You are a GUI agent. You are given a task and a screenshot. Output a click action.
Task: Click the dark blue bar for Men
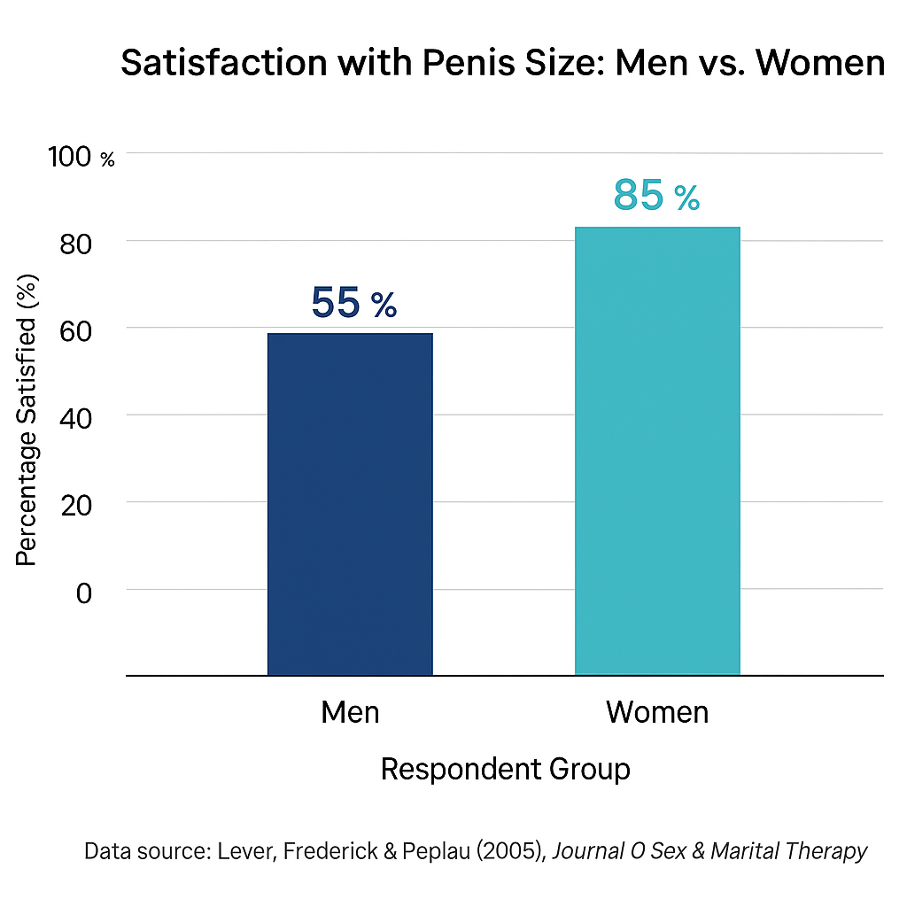point(350,504)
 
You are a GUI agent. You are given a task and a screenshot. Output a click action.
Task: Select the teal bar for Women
point(657,451)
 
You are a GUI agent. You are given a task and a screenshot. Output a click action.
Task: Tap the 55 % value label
point(353,304)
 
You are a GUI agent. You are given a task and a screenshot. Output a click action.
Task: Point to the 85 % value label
point(656,197)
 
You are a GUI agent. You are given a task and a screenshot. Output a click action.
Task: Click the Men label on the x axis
point(350,712)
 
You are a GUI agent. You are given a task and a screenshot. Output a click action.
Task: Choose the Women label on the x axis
point(657,712)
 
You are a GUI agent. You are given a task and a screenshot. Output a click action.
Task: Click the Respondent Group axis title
point(505,769)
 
